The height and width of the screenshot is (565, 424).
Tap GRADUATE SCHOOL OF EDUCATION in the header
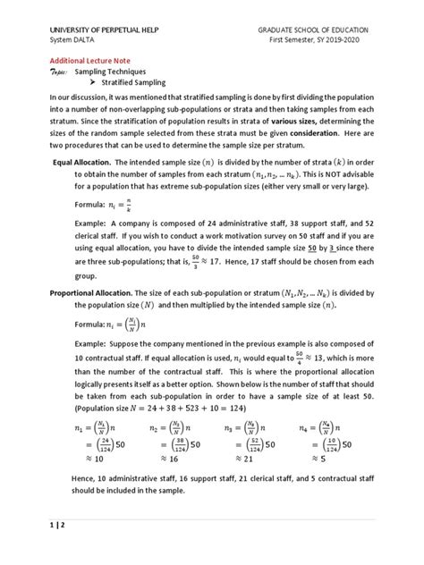pyautogui.click(x=327, y=30)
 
